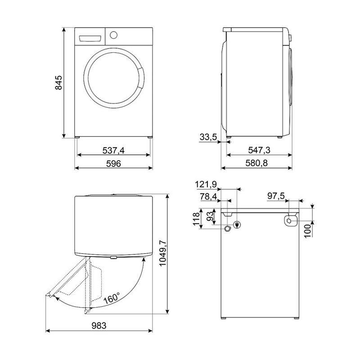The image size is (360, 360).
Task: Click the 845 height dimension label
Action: click(59, 82)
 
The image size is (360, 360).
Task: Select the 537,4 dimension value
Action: click(113, 150)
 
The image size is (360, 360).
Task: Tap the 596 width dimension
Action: click(113, 163)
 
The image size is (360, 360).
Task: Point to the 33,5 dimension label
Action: click(208, 137)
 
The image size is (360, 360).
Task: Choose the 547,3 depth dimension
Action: click(259, 150)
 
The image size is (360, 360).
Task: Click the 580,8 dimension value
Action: click(256, 163)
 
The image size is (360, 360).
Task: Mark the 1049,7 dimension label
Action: click(162, 253)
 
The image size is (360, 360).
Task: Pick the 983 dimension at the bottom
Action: click(99, 325)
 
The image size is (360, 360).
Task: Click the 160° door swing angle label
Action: click(112, 298)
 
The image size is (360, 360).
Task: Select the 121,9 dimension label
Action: click(206, 184)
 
